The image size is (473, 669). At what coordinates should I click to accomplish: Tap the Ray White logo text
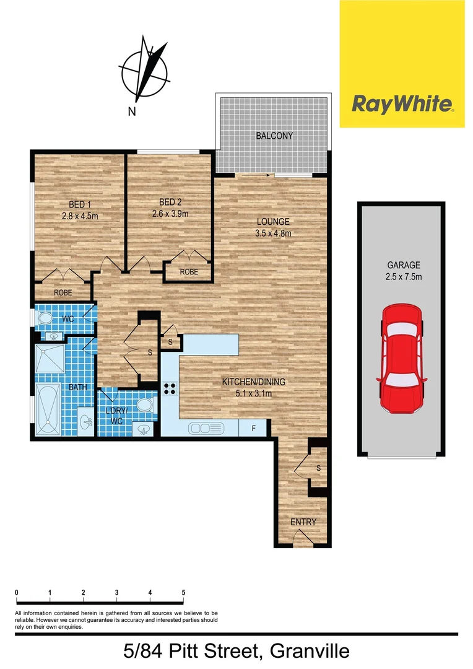tap(402, 104)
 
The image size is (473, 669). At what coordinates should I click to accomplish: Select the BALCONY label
tap(274, 136)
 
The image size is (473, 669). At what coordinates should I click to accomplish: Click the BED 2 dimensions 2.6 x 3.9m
tap(170, 214)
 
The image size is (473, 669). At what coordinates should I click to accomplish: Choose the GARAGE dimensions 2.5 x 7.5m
tap(402, 277)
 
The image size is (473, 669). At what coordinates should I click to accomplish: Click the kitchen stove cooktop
tap(170, 389)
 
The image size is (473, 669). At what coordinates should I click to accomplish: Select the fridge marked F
tap(253, 427)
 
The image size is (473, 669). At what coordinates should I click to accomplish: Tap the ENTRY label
tap(303, 522)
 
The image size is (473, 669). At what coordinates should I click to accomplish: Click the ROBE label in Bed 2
tap(189, 272)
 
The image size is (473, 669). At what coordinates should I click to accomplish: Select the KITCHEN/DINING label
tap(254, 382)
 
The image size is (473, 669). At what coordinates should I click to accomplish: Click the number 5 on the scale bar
tap(183, 592)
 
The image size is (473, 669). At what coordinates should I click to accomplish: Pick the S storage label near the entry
tap(318, 468)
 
